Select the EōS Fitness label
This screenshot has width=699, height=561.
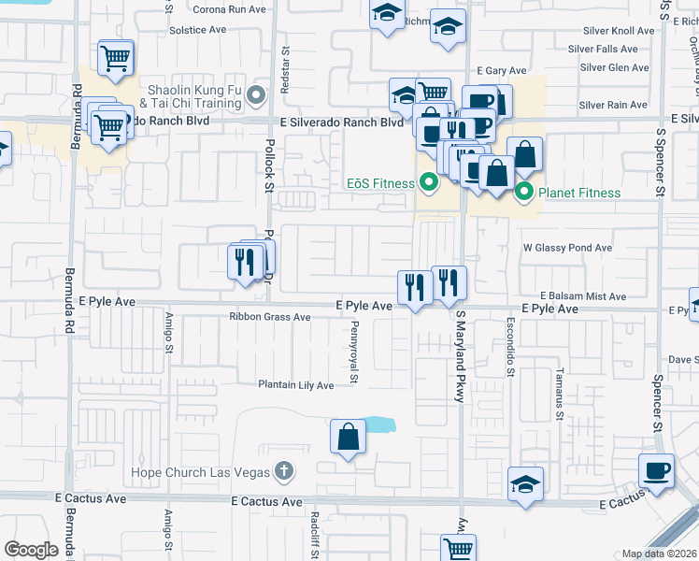379,183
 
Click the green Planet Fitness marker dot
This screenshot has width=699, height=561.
523,193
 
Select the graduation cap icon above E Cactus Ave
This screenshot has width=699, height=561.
525,484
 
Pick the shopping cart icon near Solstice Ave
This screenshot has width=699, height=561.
117,58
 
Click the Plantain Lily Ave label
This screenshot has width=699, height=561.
296,385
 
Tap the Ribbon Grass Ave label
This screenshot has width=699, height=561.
270,317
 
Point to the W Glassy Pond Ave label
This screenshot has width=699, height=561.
567,248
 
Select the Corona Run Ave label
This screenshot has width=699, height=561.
230,9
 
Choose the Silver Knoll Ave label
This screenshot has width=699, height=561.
618,31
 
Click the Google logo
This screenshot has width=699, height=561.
31,550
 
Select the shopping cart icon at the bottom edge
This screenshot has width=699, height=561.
458,549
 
